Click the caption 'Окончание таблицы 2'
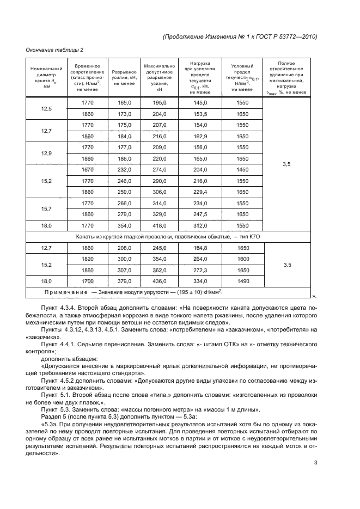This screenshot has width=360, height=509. click(54, 50)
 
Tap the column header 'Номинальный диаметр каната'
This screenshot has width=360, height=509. click(46, 77)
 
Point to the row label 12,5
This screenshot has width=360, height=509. click(46, 108)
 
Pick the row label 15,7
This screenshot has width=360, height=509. click(46, 208)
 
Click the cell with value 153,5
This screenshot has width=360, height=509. click(201, 114)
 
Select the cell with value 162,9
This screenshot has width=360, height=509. click(201, 136)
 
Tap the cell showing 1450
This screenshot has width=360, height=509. click(243, 170)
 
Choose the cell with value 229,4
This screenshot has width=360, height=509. click(201, 192)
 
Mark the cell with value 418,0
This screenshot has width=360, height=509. click(159, 225)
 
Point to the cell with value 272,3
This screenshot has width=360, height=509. click(201, 270)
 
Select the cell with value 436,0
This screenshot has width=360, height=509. click(159, 281)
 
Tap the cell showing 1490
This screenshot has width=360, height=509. click(243, 281)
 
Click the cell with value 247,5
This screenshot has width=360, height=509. click(201, 214)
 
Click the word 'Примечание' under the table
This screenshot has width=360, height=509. click(66, 293)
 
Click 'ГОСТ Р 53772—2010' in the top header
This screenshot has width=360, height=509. click(284, 36)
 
